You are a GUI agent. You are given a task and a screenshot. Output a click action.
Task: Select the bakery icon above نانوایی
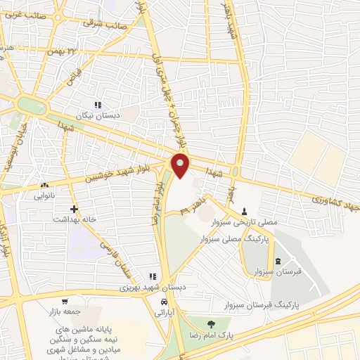[44, 186]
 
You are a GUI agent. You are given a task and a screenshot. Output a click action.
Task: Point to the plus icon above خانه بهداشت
[74, 209]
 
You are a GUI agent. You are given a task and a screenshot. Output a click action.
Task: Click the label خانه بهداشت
[74, 219]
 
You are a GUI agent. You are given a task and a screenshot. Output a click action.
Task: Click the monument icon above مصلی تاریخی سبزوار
[244, 212]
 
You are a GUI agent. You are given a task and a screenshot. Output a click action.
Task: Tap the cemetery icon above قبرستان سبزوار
[276, 262]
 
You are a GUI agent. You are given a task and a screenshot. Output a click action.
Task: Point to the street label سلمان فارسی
[108, 250]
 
